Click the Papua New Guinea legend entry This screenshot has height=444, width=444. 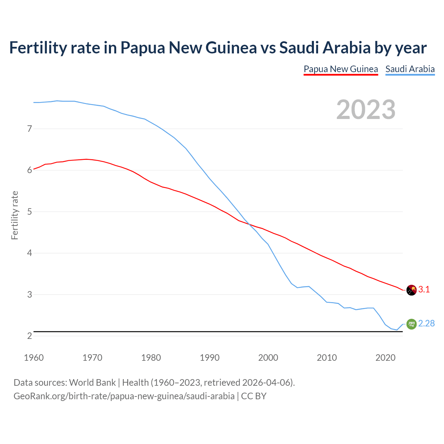[x=341, y=69]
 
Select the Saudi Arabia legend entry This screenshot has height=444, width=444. [x=410, y=69]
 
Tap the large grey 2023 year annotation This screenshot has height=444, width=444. [x=366, y=110]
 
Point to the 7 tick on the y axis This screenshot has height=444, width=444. [x=29, y=129]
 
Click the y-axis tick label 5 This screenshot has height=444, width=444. [x=29, y=212]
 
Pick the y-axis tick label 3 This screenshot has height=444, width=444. [x=29, y=294]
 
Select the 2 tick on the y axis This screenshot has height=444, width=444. [x=29, y=336]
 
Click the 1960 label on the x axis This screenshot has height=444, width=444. [x=34, y=358]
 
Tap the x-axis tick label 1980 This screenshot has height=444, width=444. [x=151, y=358]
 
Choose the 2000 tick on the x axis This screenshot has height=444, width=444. [x=268, y=358]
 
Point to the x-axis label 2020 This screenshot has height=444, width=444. [x=385, y=358]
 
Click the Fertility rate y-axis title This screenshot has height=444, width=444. [x=15, y=215]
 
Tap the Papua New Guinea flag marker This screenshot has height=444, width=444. [x=411, y=290]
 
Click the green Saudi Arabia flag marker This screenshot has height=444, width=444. [x=411, y=324]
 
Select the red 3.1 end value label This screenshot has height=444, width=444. [x=424, y=290]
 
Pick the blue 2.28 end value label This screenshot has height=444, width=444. [x=426, y=323]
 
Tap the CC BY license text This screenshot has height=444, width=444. [x=254, y=396]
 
